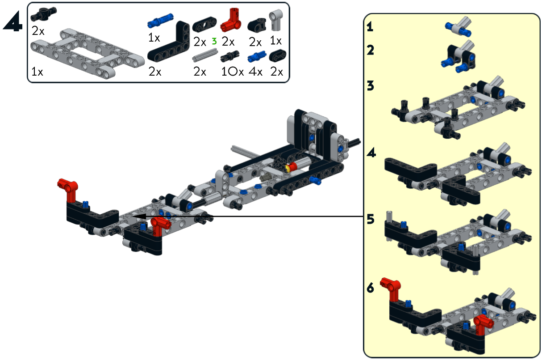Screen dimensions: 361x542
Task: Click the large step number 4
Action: tap(13, 21)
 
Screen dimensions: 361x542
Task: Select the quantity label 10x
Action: tap(232, 72)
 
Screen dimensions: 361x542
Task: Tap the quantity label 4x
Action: tap(256, 72)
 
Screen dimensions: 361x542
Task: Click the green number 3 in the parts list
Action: tap(214, 41)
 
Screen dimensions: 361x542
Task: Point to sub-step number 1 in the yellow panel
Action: tap(370, 27)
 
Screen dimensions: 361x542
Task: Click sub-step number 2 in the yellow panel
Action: tap(370, 50)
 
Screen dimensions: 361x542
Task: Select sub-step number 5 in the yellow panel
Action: tap(370, 220)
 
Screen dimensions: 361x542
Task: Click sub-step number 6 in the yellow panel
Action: tap(370, 289)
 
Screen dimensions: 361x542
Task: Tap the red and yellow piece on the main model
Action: tap(292, 168)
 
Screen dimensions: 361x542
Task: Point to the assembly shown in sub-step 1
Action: tap(459, 26)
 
